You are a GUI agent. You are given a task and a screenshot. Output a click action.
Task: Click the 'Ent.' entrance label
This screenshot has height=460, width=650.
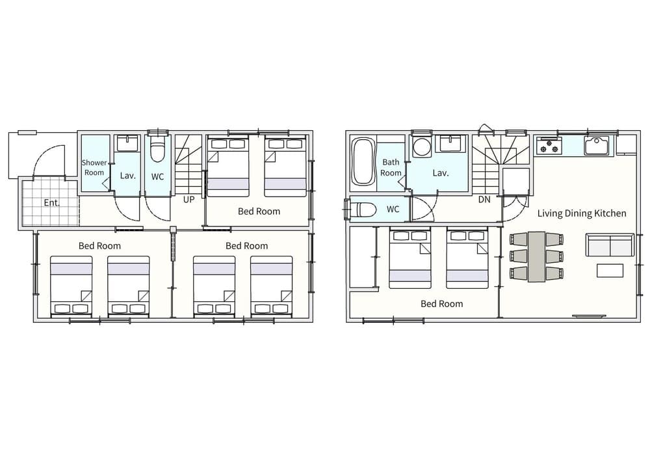tap(52, 203)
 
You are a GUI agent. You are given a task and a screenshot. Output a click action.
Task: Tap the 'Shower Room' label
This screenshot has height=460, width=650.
tap(94, 168)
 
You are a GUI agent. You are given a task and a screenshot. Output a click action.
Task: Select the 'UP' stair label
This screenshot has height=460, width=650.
tap(188, 200)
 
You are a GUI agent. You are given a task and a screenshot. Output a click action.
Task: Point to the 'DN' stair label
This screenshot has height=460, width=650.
tap(484, 200)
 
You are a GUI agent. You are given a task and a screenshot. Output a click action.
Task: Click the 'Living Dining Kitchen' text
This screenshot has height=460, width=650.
tap(582, 213)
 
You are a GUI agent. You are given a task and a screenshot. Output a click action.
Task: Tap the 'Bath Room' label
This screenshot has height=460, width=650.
tap(391, 168)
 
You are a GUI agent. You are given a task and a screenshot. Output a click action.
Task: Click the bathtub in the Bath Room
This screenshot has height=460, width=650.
tap(362, 161)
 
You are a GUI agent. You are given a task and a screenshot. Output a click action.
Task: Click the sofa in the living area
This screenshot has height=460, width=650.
tap(610, 245)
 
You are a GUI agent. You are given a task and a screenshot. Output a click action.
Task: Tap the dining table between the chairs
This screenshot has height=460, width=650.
tap(536, 256)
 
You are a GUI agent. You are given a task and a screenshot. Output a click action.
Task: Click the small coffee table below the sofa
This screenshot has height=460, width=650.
tap(610, 271)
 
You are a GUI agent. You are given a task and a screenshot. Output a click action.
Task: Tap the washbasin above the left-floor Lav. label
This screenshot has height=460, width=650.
tap(128, 144)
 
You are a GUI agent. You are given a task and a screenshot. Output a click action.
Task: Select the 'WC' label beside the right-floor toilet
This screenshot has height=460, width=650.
tap(393, 209)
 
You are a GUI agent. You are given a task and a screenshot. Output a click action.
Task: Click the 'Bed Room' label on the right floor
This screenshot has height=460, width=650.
tap(442, 304)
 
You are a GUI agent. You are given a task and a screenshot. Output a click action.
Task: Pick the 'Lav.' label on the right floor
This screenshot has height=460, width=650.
tap(441, 173)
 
